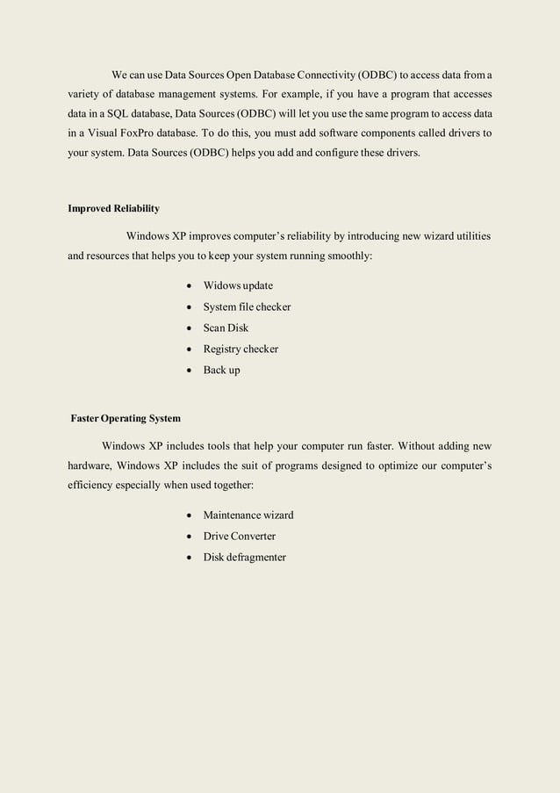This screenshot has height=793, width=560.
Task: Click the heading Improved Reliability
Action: point(114,209)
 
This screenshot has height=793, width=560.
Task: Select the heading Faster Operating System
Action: point(126,417)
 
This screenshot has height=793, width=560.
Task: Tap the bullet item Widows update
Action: point(238,286)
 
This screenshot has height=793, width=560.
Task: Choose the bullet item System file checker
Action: point(247,307)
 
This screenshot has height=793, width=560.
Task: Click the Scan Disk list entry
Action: point(226,328)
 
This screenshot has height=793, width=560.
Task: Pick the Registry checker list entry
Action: point(241,350)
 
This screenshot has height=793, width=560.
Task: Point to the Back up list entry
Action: point(221,371)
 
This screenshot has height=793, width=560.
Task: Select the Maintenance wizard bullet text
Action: point(248,515)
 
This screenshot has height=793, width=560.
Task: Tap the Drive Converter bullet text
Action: point(239,537)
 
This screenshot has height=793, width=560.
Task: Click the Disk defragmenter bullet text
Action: point(244,558)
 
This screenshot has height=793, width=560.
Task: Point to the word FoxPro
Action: point(151,135)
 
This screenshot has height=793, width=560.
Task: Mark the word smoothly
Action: point(350,257)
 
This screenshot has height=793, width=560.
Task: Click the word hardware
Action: point(89,465)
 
